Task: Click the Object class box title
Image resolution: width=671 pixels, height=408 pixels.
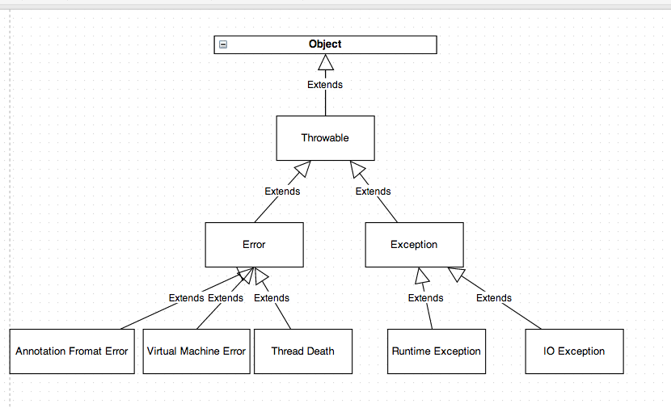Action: [x=325, y=44]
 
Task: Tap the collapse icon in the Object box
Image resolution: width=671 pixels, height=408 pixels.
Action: [x=223, y=44]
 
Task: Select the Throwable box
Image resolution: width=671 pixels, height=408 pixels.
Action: [x=325, y=138]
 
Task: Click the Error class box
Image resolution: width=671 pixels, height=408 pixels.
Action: [x=254, y=245]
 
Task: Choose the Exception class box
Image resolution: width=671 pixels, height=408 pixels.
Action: [x=414, y=245]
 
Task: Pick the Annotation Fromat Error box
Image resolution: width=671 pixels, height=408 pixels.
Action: [x=71, y=351]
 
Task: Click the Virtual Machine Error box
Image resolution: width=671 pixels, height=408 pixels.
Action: [x=196, y=351]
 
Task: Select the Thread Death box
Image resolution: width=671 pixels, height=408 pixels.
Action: [x=303, y=351]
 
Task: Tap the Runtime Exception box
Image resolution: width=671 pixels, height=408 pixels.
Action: [x=437, y=351]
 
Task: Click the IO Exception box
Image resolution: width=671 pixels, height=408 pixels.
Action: [x=574, y=351]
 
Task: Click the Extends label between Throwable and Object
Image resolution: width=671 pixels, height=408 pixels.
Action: [x=325, y=85]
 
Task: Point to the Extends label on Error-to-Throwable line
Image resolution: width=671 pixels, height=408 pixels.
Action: [x=282, y=191]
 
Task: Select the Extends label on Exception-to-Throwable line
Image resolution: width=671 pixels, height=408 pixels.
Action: [x=373, y=191]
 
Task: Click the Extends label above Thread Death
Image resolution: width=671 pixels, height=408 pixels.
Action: [x=272, y=298]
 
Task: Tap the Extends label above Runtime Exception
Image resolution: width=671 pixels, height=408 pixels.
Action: [x=425, y=298]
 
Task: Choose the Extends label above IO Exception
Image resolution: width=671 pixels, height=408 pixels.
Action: [x=494, y=298]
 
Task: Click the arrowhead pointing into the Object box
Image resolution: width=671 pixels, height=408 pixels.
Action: [x=325, y=63]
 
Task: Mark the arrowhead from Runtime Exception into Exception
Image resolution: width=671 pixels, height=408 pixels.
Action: [x=420, y=276]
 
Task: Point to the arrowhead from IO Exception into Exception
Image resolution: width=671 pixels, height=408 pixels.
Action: [x=457, y=275]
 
